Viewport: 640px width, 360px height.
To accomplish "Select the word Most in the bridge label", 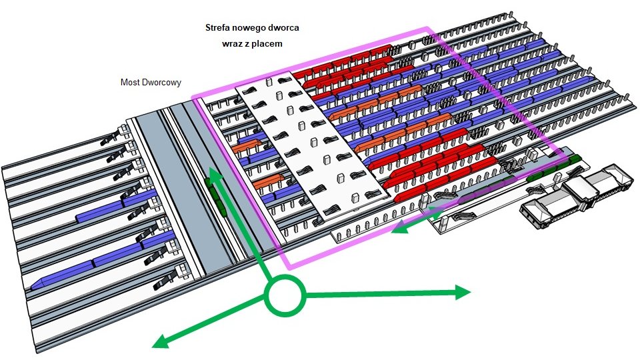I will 130,83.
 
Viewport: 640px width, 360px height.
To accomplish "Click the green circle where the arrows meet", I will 285,295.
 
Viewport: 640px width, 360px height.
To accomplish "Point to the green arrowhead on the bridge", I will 213,175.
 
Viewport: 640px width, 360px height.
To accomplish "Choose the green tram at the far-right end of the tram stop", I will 572,160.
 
